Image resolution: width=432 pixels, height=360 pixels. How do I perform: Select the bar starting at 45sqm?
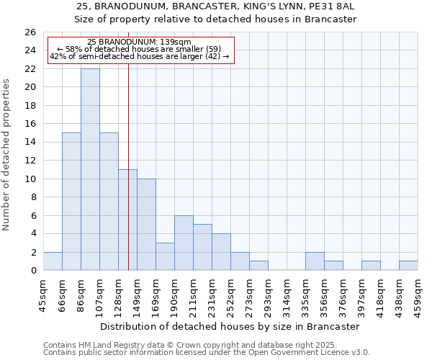coord(53,261)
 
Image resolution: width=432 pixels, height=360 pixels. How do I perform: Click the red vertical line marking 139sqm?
coord(128,180)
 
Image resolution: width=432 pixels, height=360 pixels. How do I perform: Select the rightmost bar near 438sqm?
coord(408,266)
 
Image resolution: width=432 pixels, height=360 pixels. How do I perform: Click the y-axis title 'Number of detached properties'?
coord(6,155)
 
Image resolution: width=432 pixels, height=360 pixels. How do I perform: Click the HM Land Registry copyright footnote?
coord(205,345)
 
